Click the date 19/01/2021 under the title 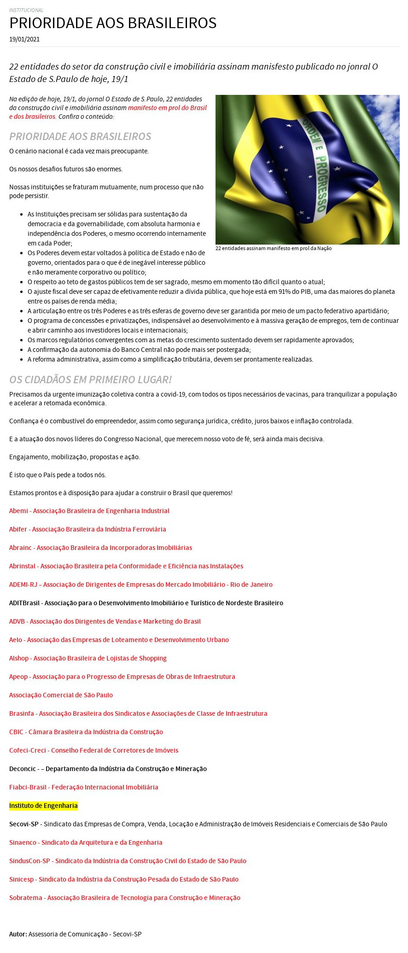click(24, 39)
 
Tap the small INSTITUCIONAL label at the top click(26, 10)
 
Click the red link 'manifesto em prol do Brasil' click(167, 108)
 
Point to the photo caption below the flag click(273, 248)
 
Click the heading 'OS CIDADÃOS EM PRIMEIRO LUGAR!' click(90, 380)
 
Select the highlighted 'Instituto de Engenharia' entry click(43, 806)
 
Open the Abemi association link click(89, 511)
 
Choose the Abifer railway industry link click(87, 529)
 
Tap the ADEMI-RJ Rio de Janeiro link click(140, 585)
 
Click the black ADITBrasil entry click(146, 603)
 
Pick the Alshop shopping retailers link click(88, 658)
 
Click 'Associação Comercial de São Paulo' click(61, 695)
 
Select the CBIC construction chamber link click(86, 732)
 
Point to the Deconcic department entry click(108, 769)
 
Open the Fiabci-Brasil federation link click(83, 787)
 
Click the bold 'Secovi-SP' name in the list click(24, 824)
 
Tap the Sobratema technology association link click(125, 898)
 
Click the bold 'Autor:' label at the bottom click(18, 934)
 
